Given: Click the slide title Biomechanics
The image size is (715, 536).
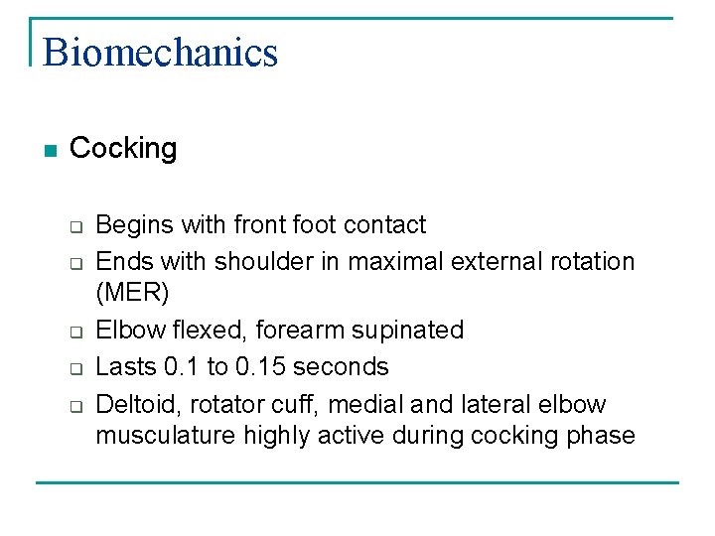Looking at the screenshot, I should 160,52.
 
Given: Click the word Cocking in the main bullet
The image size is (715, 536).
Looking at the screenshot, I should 123,149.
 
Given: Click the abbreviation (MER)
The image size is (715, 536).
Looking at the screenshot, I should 132,293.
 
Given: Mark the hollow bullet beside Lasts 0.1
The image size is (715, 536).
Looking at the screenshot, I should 74,369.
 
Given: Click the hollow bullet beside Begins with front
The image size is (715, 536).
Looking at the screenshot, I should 74,227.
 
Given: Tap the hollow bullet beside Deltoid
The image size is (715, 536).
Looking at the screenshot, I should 74,407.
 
